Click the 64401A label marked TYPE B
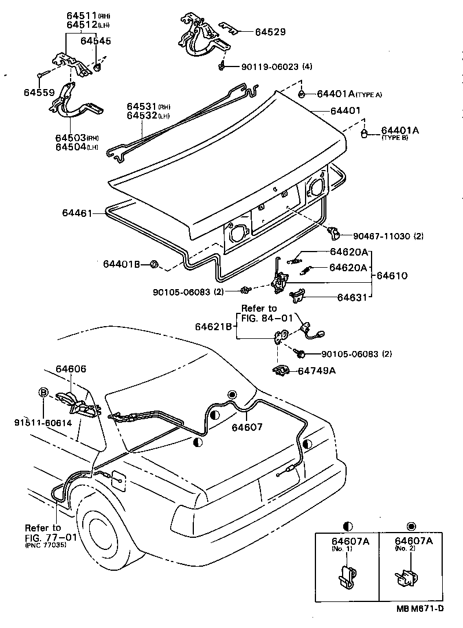(x=399, y=131)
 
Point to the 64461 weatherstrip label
(x=78, y=213)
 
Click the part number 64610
(x=392, y=276)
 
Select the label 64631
(x=352, y=298)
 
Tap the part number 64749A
(x=317, y=370)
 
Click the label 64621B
(x=214, y=327)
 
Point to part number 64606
(x=71, y=368)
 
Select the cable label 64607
(x=247, y=427)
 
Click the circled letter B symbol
(x=43, y=392)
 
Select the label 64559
(x=39, y=92)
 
